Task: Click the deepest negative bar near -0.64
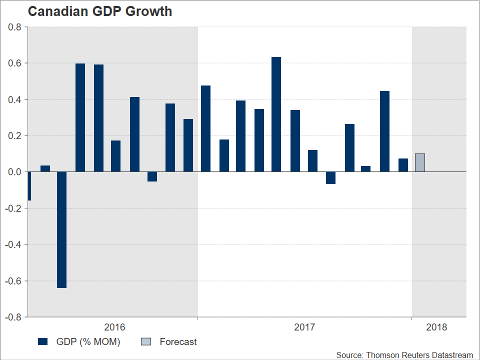coord(62,229)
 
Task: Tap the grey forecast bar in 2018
coord(420,162)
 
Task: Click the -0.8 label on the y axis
coord(13,317)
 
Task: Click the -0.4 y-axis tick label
coord(13,244)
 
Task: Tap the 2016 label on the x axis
coord(114,327)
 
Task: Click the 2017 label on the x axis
coord(304,327)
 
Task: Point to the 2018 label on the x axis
coord(436,327)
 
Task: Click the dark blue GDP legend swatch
coord(42,342)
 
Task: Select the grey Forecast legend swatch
coord(145,342)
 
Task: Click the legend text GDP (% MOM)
coord(88,342)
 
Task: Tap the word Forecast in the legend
coord(178,342)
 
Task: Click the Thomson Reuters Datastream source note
coord(404,355)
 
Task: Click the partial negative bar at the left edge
coord(29,186)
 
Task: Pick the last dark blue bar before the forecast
coord(403,165)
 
